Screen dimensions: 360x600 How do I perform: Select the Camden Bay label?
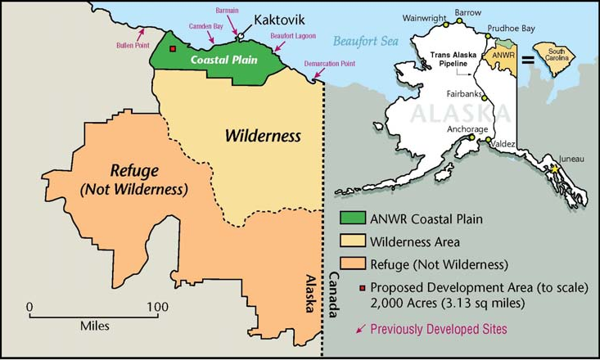[206, 26]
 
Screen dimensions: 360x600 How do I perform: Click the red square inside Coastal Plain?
[173, 48]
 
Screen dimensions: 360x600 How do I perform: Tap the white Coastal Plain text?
[223, 60]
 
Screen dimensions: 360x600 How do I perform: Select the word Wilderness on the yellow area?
[263, 136]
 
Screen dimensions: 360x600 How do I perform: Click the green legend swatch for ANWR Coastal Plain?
[353, 218]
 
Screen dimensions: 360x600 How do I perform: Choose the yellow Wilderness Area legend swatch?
[353, 241]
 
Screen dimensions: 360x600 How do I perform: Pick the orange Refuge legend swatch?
[353, 264]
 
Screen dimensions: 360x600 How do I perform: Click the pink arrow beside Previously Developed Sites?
[360, 329]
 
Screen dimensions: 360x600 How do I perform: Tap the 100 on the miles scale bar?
[150, 306]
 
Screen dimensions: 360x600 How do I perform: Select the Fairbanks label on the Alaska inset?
[465, 94]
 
